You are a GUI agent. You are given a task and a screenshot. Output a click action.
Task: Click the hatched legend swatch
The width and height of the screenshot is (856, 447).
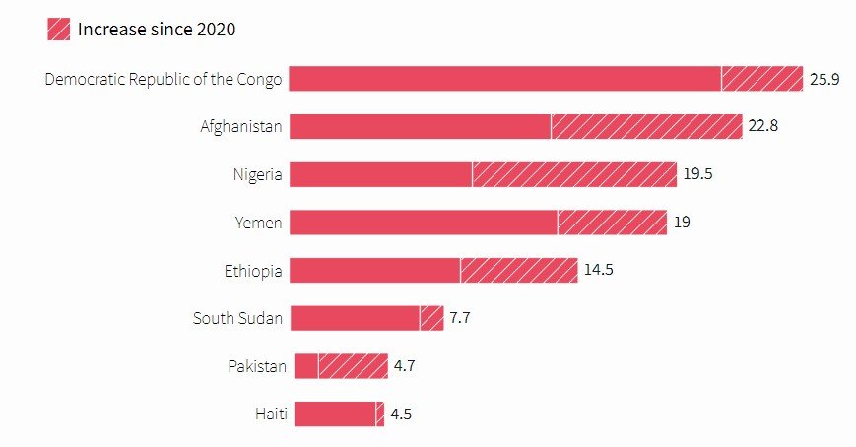58,30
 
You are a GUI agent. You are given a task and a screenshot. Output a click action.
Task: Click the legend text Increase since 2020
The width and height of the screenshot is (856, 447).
157,30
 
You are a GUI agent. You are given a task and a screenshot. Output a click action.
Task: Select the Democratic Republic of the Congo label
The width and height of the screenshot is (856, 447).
164,79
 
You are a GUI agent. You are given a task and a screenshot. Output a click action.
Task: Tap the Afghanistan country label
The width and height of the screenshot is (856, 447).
241,126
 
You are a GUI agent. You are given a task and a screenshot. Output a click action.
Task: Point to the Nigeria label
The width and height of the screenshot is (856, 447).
257,174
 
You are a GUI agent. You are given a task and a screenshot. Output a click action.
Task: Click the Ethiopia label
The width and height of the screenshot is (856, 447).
253,270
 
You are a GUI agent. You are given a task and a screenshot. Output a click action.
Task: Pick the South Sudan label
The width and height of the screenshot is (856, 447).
237,318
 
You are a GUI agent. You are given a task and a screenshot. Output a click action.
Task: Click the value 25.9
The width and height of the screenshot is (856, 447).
823,79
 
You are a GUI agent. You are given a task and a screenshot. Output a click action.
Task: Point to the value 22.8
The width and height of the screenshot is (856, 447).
763,126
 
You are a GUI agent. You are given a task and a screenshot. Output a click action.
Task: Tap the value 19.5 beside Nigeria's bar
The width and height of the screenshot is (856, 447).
697,174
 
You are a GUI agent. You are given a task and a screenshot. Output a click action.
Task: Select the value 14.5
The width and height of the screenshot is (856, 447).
599,270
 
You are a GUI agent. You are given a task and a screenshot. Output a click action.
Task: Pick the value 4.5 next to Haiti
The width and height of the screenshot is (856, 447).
401,414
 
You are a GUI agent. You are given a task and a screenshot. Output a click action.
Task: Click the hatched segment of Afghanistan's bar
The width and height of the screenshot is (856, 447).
646,126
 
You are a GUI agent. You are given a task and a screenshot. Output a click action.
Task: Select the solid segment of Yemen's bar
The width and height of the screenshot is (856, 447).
424,223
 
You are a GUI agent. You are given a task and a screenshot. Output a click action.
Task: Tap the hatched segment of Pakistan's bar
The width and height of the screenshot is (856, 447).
353,366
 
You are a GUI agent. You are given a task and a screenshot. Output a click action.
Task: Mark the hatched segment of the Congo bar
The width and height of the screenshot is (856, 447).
761,79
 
